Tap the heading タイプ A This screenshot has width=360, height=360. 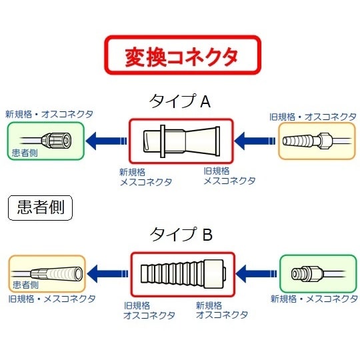[x=180, y=102]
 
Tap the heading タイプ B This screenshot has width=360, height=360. [x=181, y=234]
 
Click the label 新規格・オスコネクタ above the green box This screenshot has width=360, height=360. [x=49, y=114]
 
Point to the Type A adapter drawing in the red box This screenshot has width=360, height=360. [x=180, y=141]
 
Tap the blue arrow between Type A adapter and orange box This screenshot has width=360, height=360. [x=256, y=141]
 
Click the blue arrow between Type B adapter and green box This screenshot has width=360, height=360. [x=256, y=272]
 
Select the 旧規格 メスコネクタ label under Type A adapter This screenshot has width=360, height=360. [x=229, y=175]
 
